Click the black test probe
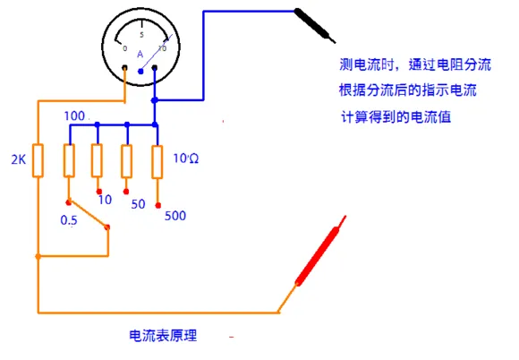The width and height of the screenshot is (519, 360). [x=314, y=26]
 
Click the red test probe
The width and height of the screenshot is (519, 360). [x=320, y=251]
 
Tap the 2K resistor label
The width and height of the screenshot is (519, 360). [x=19, y=159]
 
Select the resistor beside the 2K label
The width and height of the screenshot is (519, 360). [x=38, y=160]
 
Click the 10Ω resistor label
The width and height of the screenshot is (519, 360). [x=186, y=159]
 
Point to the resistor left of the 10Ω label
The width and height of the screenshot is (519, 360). [x=157, y=162]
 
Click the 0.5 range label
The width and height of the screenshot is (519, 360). [x=69, y=220]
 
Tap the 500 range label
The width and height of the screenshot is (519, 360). [x=175, y=216]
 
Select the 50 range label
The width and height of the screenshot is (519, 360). [x=138, y=204]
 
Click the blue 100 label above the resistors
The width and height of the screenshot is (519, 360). [x=74, y=116]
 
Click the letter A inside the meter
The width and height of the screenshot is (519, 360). [x=140, y=55]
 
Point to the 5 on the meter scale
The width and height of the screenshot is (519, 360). [x=141, y=35]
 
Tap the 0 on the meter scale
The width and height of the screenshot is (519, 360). [x=124, y=48]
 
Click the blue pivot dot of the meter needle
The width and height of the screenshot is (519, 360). [x=140, y=72]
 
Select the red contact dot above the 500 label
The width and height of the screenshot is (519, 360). [x=158, y=205]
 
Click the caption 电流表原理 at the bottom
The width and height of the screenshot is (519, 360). [x=163, y=336]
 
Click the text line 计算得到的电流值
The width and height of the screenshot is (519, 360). [x=396, y=117]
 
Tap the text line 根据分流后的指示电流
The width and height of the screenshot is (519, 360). [x=408, y=90]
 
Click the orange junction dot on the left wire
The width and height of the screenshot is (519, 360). [x=38, y=256]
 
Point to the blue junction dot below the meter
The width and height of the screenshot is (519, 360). [x=154, y=100]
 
